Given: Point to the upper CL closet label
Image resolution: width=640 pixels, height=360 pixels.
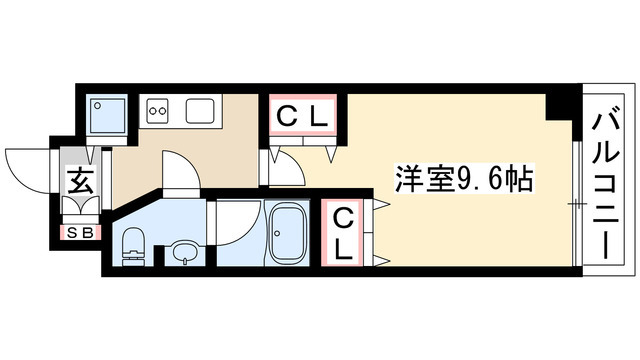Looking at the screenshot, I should pyautogui.click(x=302, y=117).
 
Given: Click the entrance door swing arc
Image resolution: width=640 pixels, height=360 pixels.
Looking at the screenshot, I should pyautogui.click(x=28, y=165).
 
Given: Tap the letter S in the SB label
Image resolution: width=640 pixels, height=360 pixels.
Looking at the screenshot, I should pyautogui.click(x=71, y=233).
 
